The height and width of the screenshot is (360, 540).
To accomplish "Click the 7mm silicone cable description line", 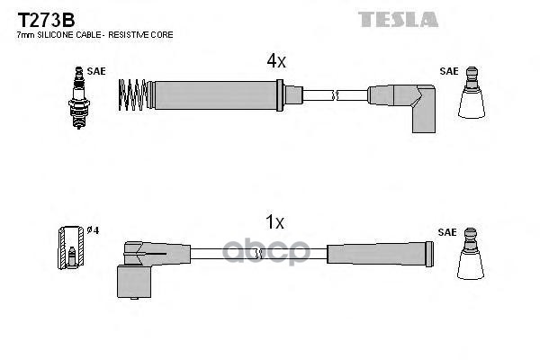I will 94,34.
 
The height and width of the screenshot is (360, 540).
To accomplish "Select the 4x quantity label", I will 275,61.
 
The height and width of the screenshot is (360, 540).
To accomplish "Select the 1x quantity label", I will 275,221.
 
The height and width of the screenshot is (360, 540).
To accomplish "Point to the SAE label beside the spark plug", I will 96,70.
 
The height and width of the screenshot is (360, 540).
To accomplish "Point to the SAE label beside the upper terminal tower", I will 447,70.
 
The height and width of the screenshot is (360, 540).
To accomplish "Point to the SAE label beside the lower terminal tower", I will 447,232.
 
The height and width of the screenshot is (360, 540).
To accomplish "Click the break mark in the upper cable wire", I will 336,93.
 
